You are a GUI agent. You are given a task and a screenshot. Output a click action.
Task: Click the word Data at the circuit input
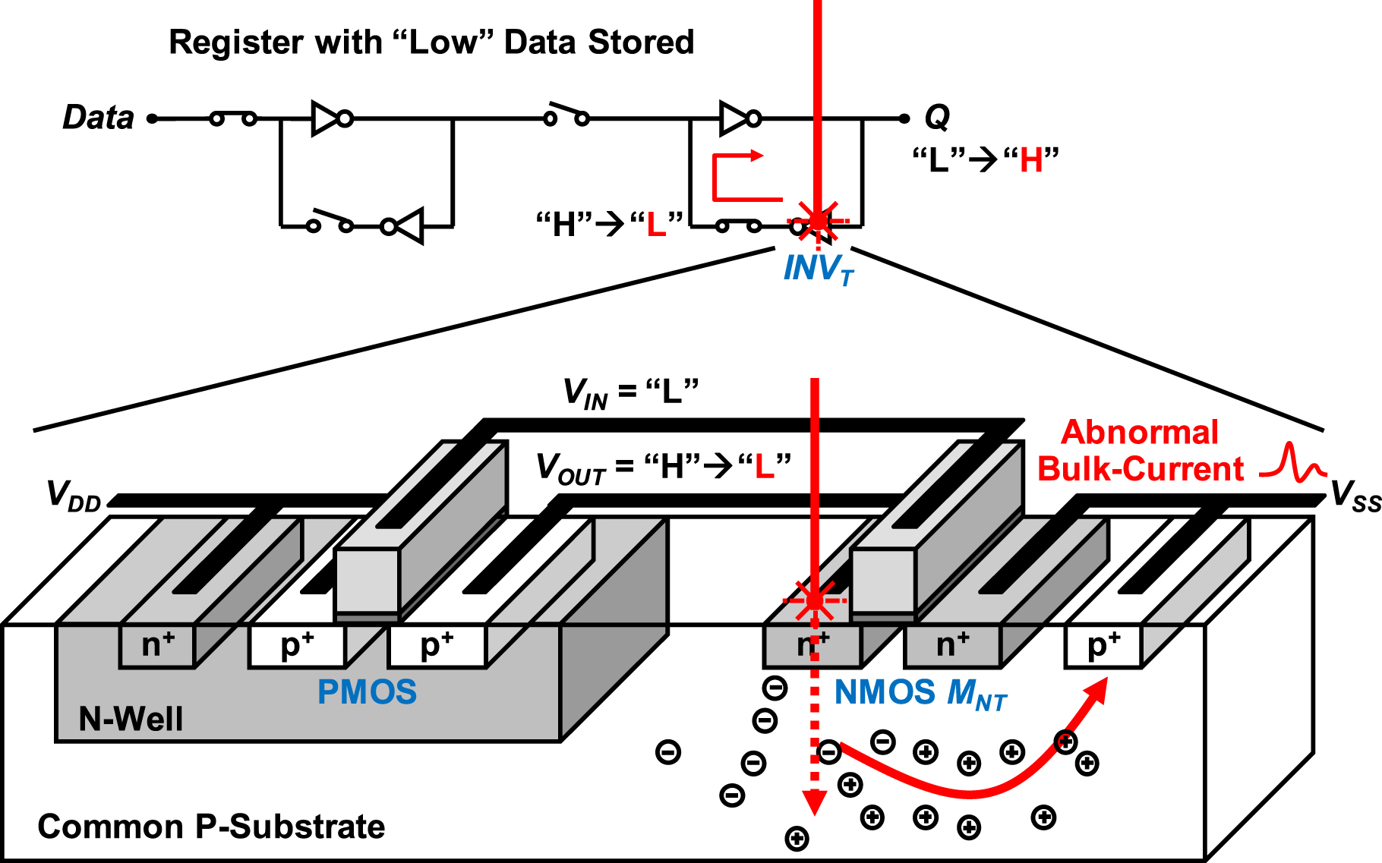coord(98,118)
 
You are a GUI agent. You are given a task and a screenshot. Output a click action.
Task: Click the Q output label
coord(937,117)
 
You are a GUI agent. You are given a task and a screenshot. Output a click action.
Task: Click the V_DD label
coord(73,496)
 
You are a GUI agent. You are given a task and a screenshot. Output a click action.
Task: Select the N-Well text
coord(131,719)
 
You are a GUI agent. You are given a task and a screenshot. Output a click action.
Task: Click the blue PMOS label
coord(367,691)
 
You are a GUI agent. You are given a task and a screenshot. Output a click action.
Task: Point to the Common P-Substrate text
coord(211,827)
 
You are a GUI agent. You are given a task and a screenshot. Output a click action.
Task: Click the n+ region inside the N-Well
coord(158,645)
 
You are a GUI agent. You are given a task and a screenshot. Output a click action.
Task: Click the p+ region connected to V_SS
coord(1103,645)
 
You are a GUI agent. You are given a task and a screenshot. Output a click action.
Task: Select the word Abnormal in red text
coord(1139,433)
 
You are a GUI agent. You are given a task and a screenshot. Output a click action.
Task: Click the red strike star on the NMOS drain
coord(814,600)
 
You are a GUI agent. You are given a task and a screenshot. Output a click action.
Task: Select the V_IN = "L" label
coord(630,392)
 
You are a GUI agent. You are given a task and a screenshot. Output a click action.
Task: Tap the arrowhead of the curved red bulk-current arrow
coord(1096,691)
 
